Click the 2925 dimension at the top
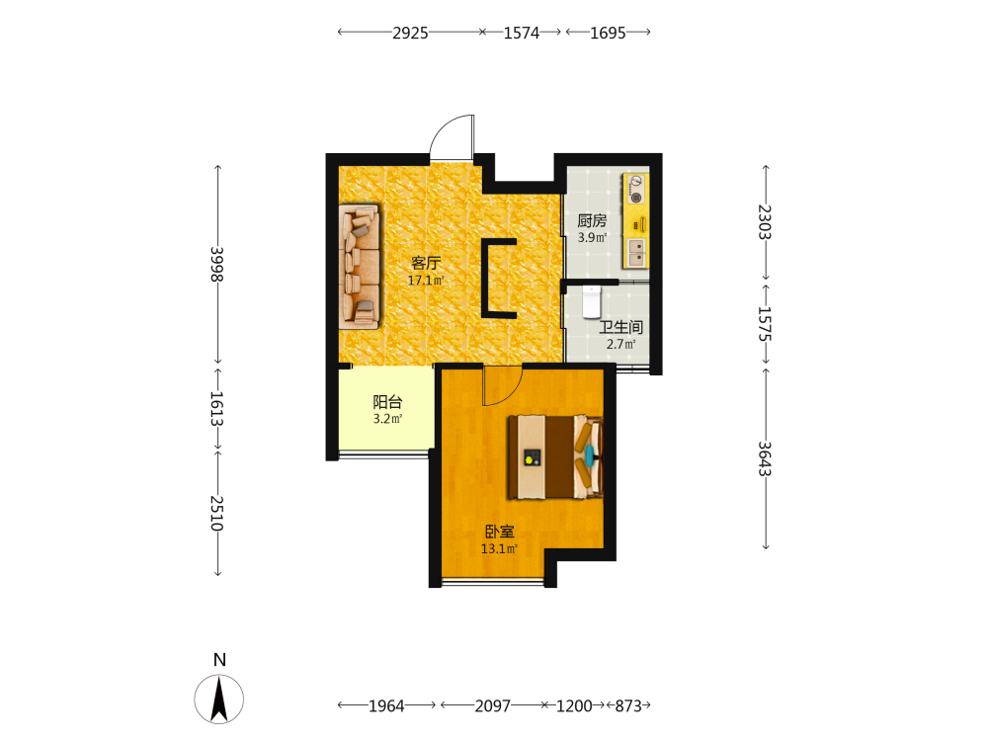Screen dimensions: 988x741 (x=410, y=33)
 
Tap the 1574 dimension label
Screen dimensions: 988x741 (x=521, y=33)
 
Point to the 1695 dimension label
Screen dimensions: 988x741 (x=608, y=33)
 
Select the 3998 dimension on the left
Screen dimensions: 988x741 (x=216, y=264)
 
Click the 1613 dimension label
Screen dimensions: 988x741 (x=216, y=408)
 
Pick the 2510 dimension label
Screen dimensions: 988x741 (x=216, y=513)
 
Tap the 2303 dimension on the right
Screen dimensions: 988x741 (x=765, y=221)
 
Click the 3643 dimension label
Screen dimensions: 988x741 (x=765, y=458)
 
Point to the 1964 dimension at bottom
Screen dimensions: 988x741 (x=386, y=705)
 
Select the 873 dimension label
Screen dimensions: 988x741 (x=628, y=705)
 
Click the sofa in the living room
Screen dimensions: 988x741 (x=360, y=266)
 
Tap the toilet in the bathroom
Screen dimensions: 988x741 (x=591, y=301)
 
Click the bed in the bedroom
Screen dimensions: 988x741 (x=555, y=456)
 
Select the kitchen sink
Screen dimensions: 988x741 (x=636, y=252)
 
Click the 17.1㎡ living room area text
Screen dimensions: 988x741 (x=426, y=281)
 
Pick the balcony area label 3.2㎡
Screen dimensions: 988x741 (x=387, y=419)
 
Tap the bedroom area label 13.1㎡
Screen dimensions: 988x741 (x=499, y=548)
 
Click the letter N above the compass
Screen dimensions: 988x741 (x=219, y=660)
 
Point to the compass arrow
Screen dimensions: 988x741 (x=219, y=699)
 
